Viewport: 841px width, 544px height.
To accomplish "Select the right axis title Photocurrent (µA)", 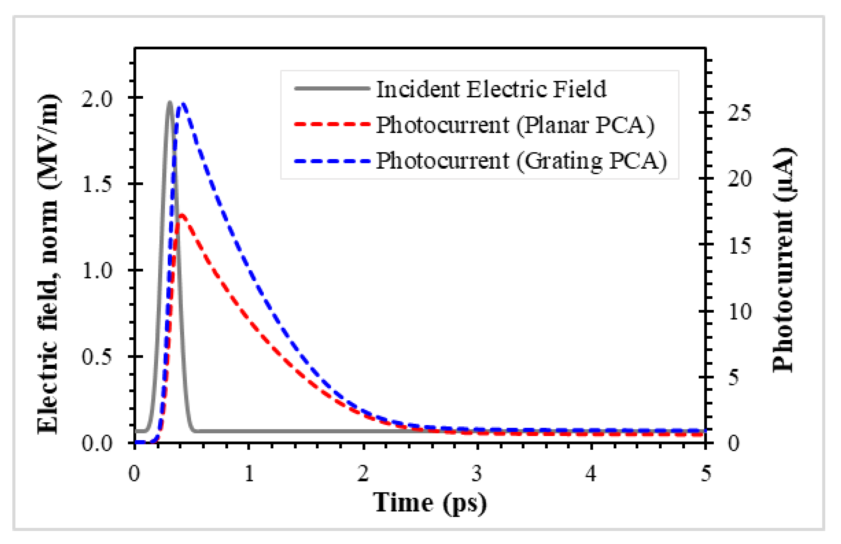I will pyautogui.click(x=783, y=259).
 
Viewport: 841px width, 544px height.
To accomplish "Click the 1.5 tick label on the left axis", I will pyautogui.click(x=96, y=184).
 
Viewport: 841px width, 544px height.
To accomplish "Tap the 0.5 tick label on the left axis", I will pyautogui.click(x=96, y=356).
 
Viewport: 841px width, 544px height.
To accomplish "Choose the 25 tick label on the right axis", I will pyautogui.click(x=739, y=113).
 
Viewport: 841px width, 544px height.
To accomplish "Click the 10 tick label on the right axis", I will pyautogui.click(x=739, y=312).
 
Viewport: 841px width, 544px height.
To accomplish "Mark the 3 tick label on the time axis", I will pyautogui.click(x=477, y=473).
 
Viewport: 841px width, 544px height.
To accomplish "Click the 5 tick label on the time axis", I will pyautogui.click(x=705, y=473).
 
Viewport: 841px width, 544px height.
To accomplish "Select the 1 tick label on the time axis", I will pyautogui.click(x=249, y=473).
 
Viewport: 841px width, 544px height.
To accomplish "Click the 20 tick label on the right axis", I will pyautogui.click(x=739, y=179).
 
